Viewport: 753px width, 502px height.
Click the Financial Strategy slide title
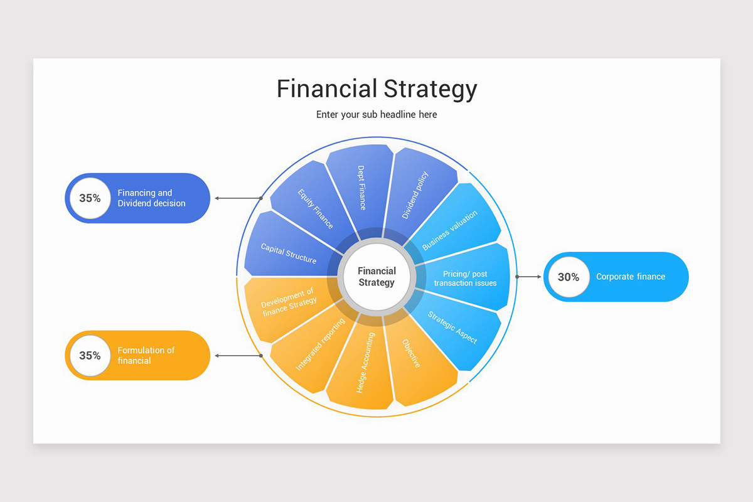click(x=376, y=89)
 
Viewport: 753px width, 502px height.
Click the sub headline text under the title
click(x=376, y=115)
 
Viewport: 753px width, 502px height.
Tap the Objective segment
click(x=417, y=358)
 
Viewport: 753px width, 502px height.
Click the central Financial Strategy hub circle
click(x=376, y=277)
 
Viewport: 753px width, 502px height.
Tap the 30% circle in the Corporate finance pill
click(x=568, y=277)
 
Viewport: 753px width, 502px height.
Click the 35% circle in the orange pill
click(x=90, y=355)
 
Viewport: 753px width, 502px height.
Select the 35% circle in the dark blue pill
click(x=90, y=198)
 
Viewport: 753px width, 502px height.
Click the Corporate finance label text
click(x=630, y=277)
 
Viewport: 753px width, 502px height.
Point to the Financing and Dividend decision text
click(x=151, y=198)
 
